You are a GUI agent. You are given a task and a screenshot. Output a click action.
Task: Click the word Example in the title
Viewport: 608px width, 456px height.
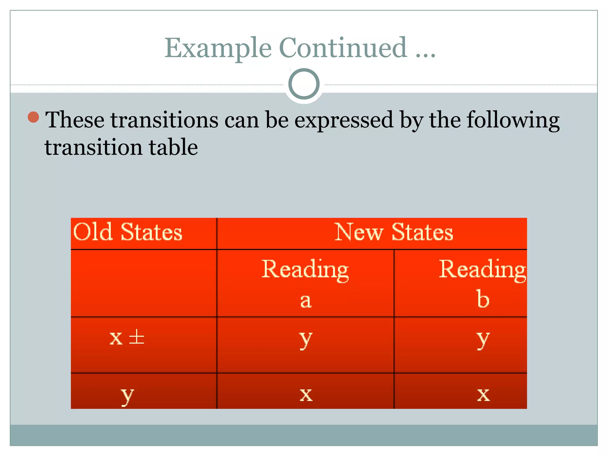click(x=218, y=48)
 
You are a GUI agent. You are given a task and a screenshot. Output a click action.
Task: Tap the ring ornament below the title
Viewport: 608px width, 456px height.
click(x=304, y=84)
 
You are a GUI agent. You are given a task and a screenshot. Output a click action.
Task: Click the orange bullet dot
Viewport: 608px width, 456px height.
click(x=33, y=117)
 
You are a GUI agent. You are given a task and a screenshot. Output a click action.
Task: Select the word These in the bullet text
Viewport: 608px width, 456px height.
click(x=75, y=120)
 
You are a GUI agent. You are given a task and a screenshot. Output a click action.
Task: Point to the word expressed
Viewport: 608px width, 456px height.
click(x=344, y=121)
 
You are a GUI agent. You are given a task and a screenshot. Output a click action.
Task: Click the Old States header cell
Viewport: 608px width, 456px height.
click(x=128, y=232)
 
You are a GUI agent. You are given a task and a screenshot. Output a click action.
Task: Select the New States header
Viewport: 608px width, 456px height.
click(x=394, y=232)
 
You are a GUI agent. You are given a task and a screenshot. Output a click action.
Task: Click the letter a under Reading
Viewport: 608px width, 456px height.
click(x=305, y=301)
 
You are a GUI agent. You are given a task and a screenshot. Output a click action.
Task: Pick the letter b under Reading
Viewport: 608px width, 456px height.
click(x=483, y=299)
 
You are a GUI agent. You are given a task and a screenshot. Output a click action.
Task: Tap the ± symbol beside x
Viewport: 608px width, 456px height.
click(x=137, y=337)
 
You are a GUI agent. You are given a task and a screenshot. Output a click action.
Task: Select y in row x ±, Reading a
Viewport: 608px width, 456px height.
click(x=305, y=339)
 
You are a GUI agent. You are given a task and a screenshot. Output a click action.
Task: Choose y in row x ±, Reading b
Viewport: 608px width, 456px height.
click(x=483, y=339)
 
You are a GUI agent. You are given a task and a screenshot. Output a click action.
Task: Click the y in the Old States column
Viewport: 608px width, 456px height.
click(x=127, y=395)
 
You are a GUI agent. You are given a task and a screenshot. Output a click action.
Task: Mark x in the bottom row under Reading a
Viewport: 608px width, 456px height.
click(x=306, y=395)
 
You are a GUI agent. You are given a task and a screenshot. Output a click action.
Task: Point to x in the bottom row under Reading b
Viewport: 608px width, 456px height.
click(x=483, y=395)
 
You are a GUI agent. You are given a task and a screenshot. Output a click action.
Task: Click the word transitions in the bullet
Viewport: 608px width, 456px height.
click(x=164, y=120)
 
